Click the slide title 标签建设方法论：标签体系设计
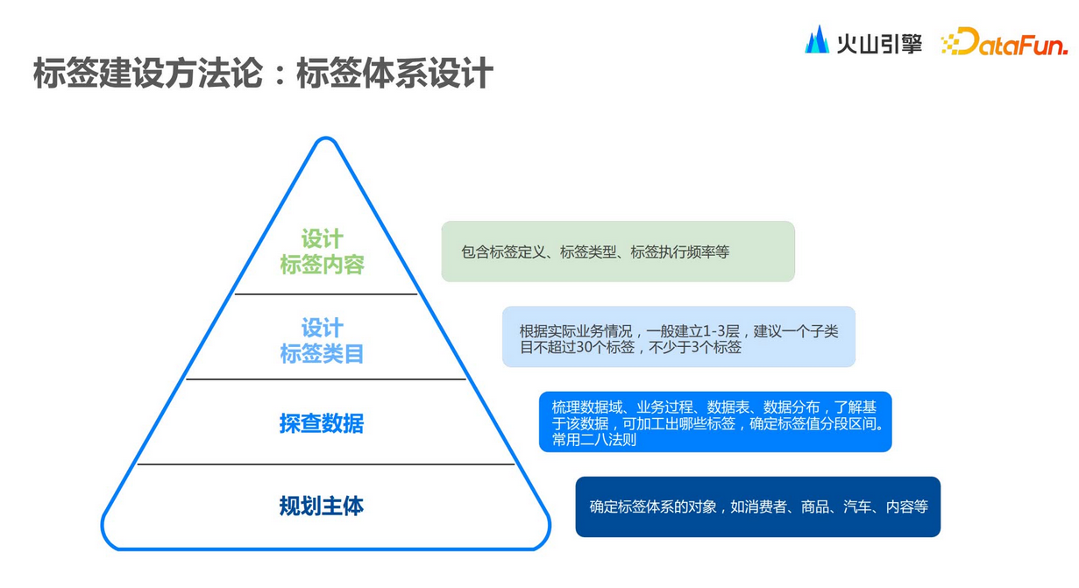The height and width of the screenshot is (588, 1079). pos(263,73)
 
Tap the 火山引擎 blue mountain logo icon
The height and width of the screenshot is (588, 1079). pos(817,40)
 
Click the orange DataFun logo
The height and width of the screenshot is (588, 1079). pos(1004,42)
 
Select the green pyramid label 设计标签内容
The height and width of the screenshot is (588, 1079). pos(322,251)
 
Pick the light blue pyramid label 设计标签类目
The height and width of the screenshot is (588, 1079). pos(322,341)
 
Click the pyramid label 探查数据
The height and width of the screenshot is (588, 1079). pos(322,424)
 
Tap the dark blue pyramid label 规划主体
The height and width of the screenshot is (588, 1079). pos(322,506)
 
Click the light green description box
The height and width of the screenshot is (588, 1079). pos(617,251)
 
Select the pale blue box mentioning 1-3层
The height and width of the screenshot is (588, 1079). pos(678,337)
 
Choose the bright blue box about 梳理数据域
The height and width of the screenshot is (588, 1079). pos(715,422)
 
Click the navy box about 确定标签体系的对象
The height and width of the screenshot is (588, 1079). pos(757,507)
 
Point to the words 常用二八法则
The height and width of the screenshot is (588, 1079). pos(594,439)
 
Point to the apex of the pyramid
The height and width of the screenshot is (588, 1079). pos(326,140)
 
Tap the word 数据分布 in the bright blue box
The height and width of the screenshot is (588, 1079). pos(792,407)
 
